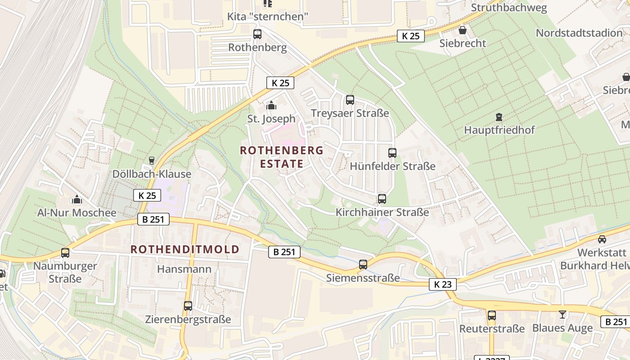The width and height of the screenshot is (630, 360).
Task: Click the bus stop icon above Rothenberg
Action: (257, 34)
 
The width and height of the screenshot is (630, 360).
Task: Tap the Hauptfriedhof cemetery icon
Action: (499, 117)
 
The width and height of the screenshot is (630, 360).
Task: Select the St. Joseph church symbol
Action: (271, 106)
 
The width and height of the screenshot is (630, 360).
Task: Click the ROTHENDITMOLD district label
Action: (185, 249)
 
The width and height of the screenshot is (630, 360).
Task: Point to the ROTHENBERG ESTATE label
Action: (282, 157)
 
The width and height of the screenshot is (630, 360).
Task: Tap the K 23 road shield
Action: (442, 284)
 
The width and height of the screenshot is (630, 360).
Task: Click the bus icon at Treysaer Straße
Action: (350, 100)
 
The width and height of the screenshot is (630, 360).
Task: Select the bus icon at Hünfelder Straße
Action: (392, 153)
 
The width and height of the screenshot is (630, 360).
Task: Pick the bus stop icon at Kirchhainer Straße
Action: (382, 198)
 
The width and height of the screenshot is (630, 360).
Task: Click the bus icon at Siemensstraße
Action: (363, 265)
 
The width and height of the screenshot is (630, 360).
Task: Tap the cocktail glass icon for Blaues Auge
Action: (562, 315)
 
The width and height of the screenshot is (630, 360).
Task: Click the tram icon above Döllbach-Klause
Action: (152, 161)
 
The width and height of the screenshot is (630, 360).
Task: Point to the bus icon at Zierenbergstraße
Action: (188, 306)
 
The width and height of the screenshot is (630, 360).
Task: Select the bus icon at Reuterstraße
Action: (492, 315)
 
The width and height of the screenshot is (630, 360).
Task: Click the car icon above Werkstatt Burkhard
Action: (602, 239)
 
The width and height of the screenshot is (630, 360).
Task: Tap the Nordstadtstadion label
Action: (579, 33)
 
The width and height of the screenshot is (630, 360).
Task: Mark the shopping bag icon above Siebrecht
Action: (462, 31)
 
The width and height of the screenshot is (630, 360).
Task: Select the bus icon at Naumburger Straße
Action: (65, 253)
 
